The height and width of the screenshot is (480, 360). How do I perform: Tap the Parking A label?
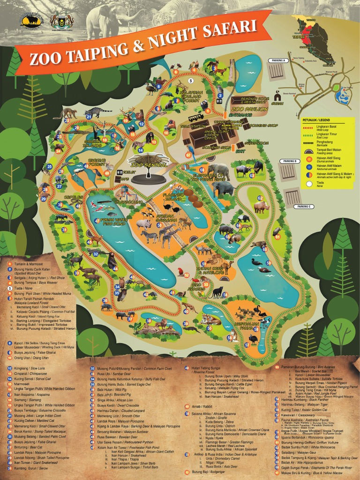click(x=277, y=60)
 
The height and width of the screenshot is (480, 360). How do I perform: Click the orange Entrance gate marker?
click(x=225, y=114)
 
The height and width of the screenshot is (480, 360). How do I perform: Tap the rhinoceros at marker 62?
click(x=261, y=207)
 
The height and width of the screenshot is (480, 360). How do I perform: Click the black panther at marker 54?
click(x=217, y=292)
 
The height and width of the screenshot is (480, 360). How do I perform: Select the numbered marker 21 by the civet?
click(x=88, y=117)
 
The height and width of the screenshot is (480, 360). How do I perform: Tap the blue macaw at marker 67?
click(x=190, y=153)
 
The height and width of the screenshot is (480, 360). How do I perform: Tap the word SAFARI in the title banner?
click(x=231, y=30)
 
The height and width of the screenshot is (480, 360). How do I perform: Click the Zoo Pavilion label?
click(x=250, y=109)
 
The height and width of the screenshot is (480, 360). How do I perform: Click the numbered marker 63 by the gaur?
click(x=252, y=175)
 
